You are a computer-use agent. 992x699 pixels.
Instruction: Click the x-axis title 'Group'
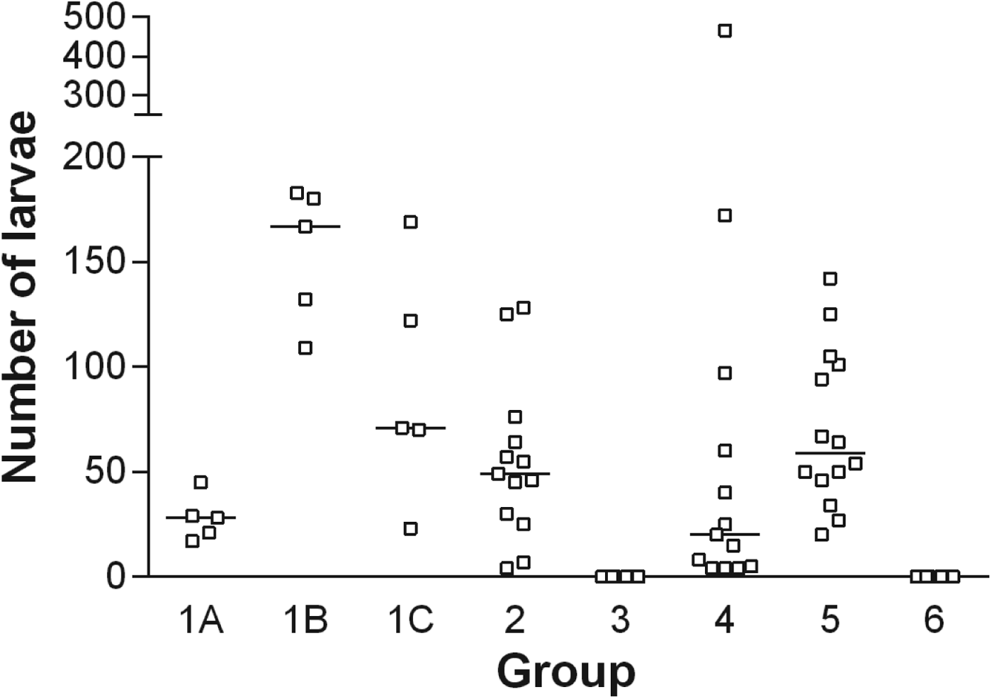pyautogui.click(x=566, y=671)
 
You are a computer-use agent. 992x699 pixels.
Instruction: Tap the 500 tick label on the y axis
pyautogui.click(x=95, y=17)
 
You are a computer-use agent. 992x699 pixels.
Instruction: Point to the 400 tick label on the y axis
pyautogui.click(x=95, y=56)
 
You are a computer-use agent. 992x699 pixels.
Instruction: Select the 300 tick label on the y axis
pyautogui.click(x=95, y=95)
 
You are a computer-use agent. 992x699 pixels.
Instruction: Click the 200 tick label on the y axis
pyautogui.click(x=95, y=157)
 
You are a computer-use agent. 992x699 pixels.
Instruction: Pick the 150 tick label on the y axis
pyautogui.click(x=95, y=261)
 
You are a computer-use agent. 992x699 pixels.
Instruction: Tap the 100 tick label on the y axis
pyautogui.click(x=95, y=366)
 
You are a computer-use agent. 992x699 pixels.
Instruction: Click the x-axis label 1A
pyautogui.click(x=201, y=620)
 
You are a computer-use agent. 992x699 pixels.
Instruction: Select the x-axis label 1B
pyautogui.click(x=305, y=620)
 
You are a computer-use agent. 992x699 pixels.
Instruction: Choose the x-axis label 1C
pyautogui.click(x=410, y=620)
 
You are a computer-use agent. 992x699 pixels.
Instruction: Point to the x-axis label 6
pyautogui.click(x=934, y=620)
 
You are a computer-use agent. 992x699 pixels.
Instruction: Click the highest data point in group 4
pyautogui.click(x=725, y=30)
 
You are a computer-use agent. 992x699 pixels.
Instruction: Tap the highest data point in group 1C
pyautogui.click(x=410, y=222)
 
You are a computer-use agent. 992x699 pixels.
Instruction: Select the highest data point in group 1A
pyautogui.click(x=201, y=482)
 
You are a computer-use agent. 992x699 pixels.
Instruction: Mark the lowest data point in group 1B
pyautogui.click(x=305, y=348)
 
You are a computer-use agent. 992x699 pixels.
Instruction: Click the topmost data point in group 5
pyautogui.click(x=830, y=279)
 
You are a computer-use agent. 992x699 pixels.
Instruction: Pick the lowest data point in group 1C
pyautogui.click(x=410, y=528)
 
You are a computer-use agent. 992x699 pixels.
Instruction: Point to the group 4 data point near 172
pyautogui.click(x=725, y=215)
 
